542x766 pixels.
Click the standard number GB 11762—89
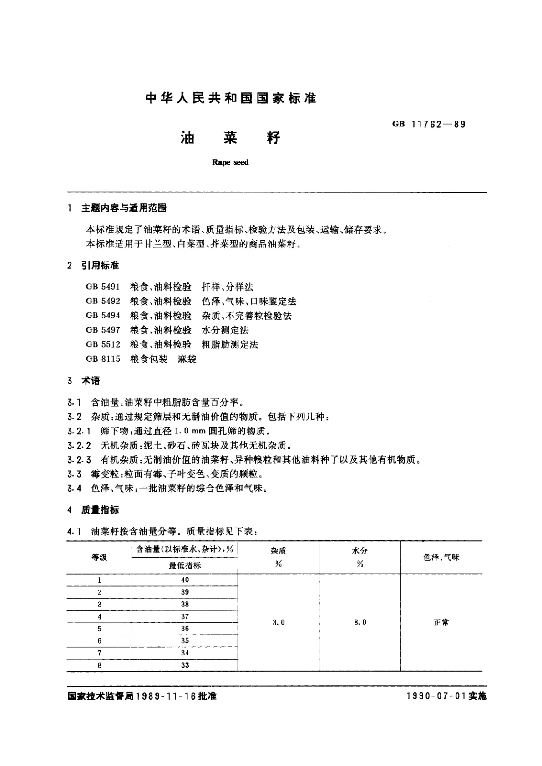click(428, 124)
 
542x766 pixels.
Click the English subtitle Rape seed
click(230, 162)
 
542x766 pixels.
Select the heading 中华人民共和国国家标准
click(230, 98)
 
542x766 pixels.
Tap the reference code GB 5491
click(103, 287)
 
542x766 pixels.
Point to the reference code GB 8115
click(103, 359)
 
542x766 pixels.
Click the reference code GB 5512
click(103, 344)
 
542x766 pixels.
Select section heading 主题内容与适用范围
click(124, 208)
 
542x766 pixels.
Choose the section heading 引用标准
click(100, 265)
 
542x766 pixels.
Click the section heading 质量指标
click(100, 510)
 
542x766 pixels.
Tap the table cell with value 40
click(185, 580)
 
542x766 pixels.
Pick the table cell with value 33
click(185, 665)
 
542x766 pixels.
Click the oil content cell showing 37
click(185, 616)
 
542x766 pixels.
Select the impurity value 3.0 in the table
click(279, 622)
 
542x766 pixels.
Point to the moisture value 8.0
click(360, 622)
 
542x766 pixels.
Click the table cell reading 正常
click(441, 622)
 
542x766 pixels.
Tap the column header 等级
click(99, 557)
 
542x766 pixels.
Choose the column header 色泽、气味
click(441, 557)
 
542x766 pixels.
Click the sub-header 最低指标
click(185, 565)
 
